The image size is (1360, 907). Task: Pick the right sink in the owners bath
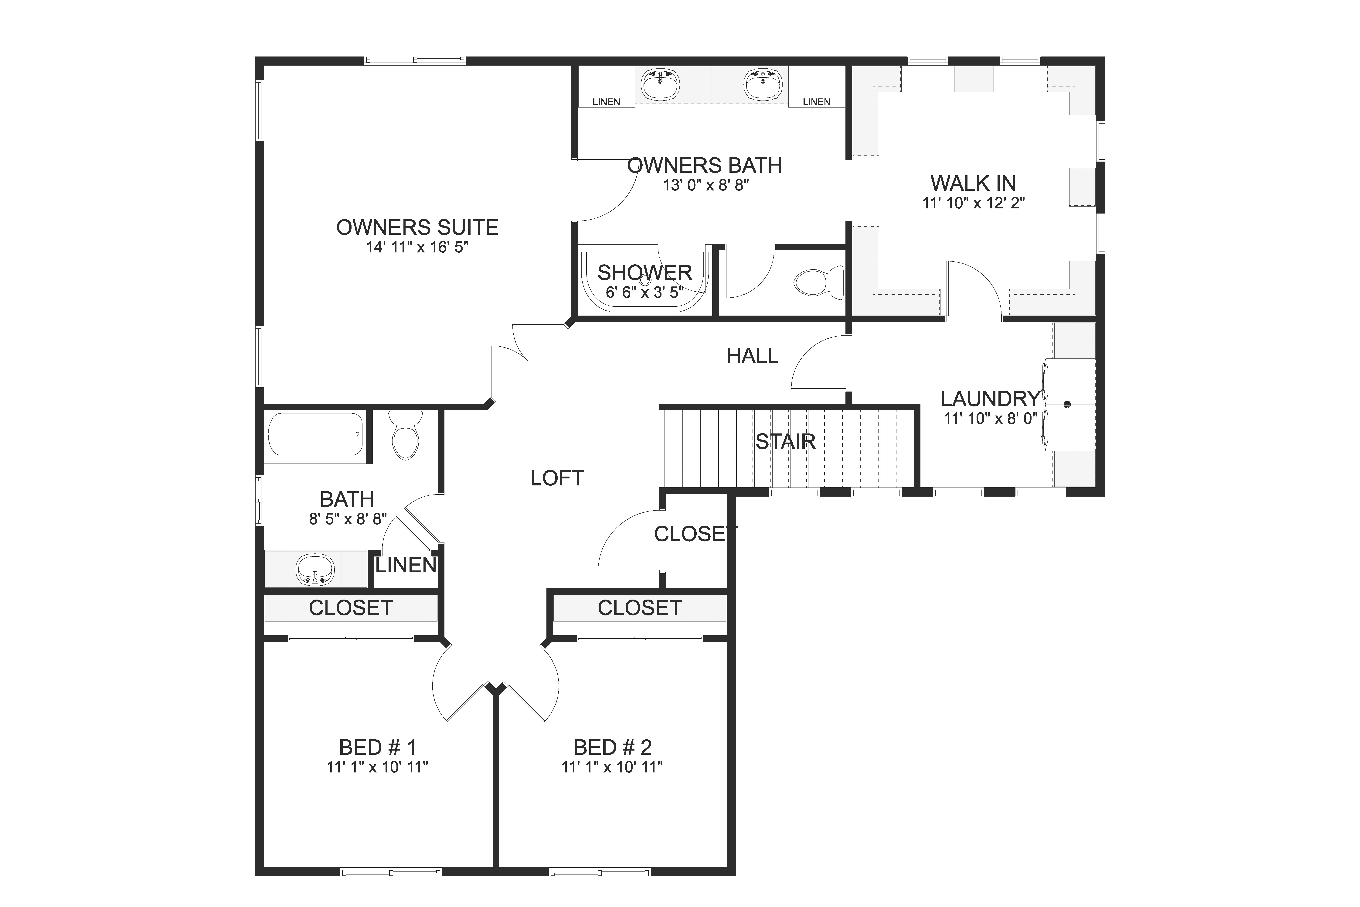click(x=763, y=84)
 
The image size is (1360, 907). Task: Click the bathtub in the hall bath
click(x=316, y=434)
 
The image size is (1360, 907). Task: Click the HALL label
click(x=752, y=356)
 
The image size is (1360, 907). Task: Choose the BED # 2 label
click(x=612, y=747)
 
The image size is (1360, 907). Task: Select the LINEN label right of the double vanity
click(x=816, y=102)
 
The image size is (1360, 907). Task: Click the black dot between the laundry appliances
click(x=1067, y=404)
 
